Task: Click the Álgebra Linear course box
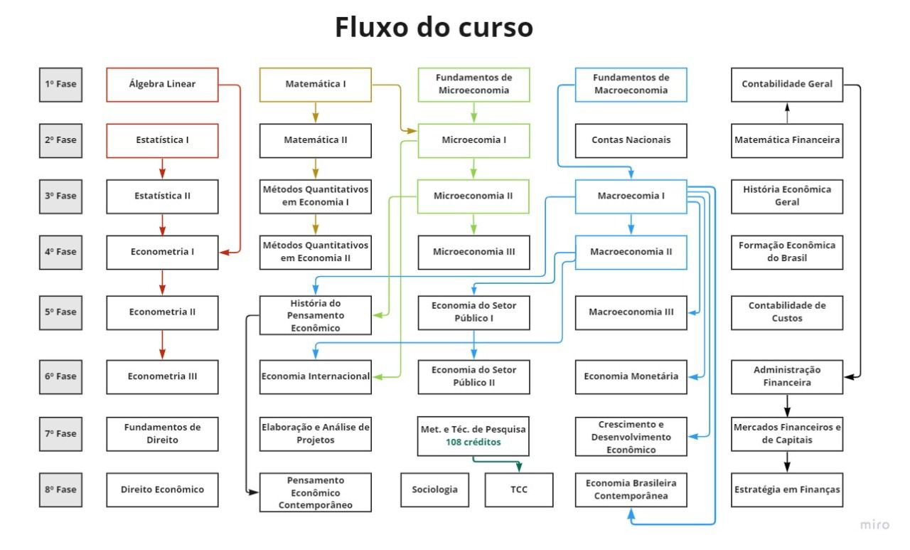coord(162,85)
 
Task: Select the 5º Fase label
coord(60,312)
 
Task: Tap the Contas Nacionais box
coord(631,140)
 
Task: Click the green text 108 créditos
coord(473,442)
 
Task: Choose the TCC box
coord(518,490)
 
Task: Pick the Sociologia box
coord(434,490)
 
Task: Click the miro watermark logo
coord(874,525)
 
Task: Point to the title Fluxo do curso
coord(434,28)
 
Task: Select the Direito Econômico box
coord(162,490)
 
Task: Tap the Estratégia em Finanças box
coord(787,490)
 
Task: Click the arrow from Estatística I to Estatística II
coord(162,169)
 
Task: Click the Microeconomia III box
coord(473,252)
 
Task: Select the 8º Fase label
coord(60,490)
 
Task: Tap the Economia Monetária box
coord(631,376)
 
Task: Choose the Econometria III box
coord(162,376)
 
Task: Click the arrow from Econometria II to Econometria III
coord(162,344)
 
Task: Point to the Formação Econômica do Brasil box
coord(787,252)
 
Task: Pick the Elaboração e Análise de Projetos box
coord(315,434)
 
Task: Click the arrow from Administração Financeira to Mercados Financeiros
coord(787,406)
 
